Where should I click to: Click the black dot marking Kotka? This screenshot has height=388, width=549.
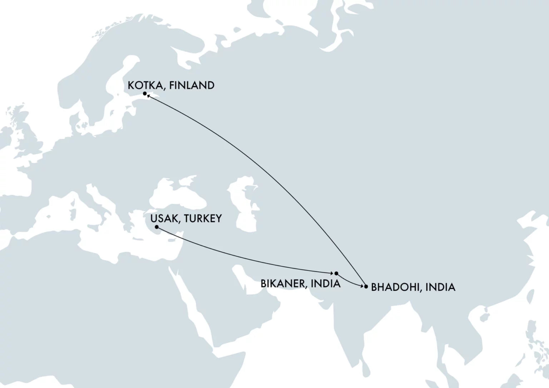tap(145, 94)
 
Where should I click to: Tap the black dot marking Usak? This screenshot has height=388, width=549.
tap(157, 227)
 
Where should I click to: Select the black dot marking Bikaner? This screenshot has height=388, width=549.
tap(336, 273)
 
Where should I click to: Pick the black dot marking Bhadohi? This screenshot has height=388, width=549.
tap(366, 287)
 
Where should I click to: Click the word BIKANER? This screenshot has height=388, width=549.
tap(283, 284)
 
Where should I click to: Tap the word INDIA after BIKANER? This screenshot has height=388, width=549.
tap(326, 284)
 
